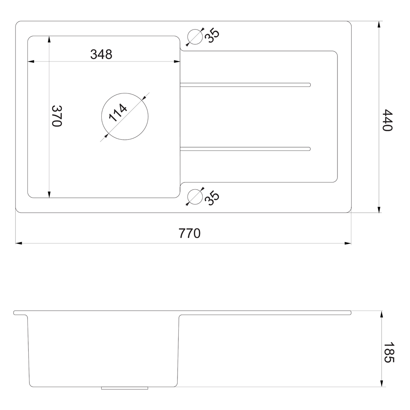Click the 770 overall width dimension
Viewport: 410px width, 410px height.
[x=189, y=233]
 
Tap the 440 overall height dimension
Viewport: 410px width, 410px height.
[x=387, y=120]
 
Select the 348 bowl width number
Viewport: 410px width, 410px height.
[x=101, y=55]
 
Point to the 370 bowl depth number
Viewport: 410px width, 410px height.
[x=57, y=116]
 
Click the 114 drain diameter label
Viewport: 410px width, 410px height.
[x=118, y=113]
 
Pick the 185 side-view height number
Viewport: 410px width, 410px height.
[x=389, y=352]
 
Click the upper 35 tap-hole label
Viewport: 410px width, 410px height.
[x=212, y=36]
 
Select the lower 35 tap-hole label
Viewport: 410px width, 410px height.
[x=212, y=198]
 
